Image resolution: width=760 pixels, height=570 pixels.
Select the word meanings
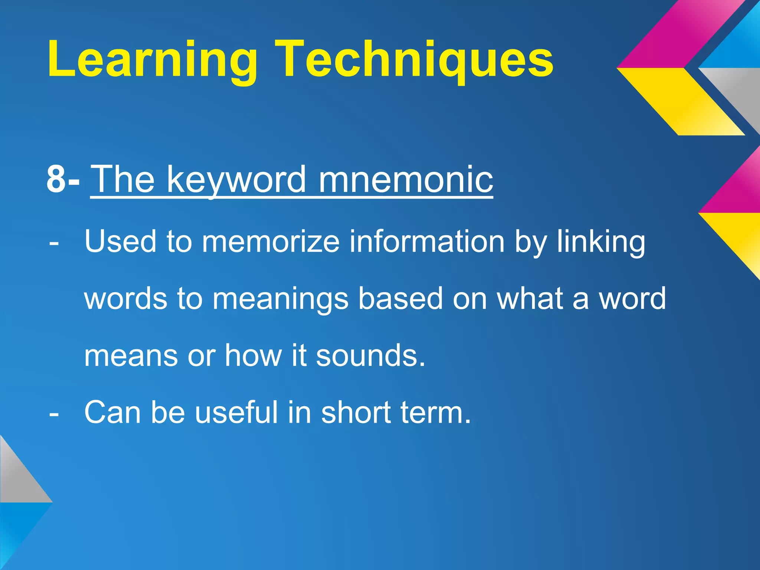[x=281, y=299]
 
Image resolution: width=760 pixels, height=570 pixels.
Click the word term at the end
[x=436, y=413]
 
